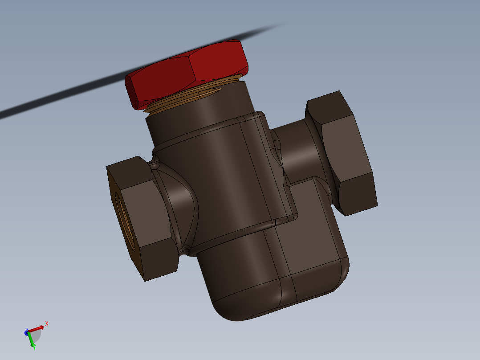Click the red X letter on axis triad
pyautogui.click(x=46, y=323)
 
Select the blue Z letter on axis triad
pyautogui.click(x=27, y=330)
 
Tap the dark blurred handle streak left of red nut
pyautogui.click(x=67, y=94)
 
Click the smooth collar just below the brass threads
pyautogui.click(x=200, y=116)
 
